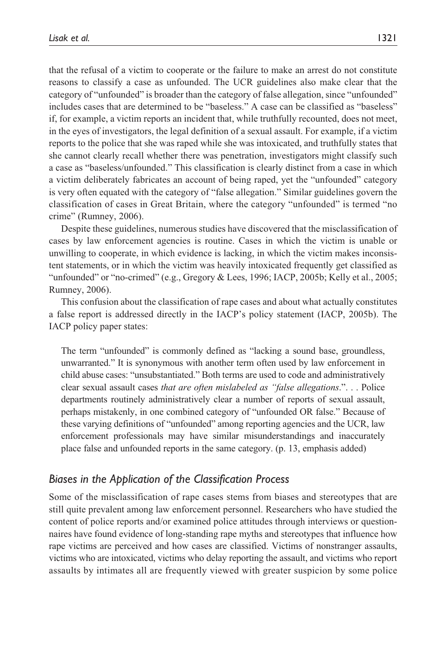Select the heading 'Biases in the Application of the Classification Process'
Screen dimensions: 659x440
coord(169,479)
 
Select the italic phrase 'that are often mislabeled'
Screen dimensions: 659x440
coord(206,387)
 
